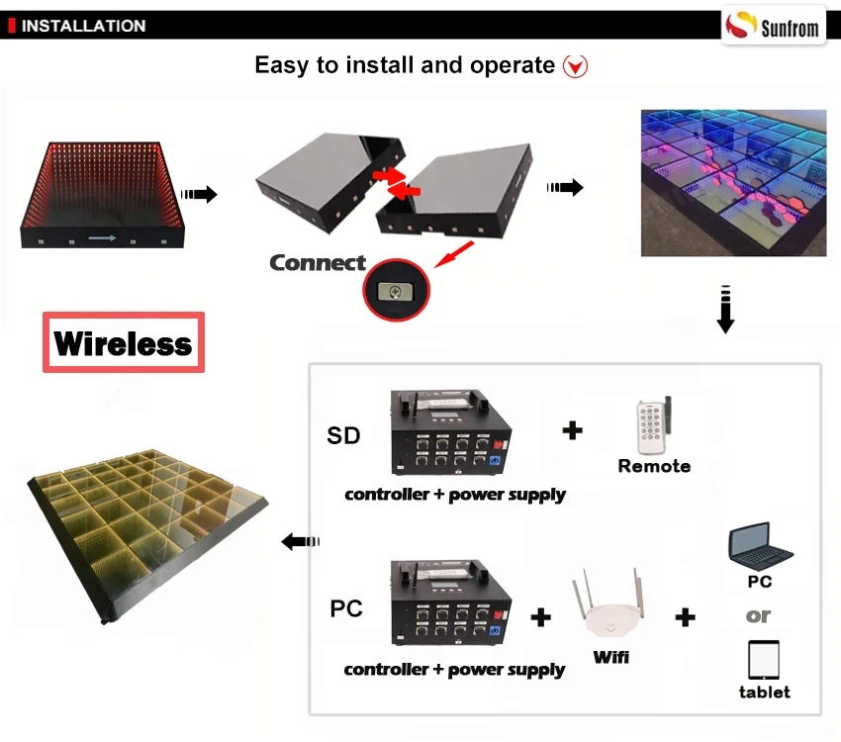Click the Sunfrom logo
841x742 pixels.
coord(773,25)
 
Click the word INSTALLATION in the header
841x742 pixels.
coord(83,26)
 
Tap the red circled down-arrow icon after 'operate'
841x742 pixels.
coord(575,66)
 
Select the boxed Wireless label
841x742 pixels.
coord(124,342)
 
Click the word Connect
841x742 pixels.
coord(318,263)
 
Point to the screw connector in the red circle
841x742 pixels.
coord(396,291)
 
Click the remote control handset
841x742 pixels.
coord(653,425)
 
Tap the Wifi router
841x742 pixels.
coord(609,605)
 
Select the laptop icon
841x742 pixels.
coord(760,546)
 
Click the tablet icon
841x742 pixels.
coord(763,660)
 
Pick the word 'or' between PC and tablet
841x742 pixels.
coord(758,616)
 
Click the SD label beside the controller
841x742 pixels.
coord(343,435)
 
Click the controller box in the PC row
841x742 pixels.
coord(451,603)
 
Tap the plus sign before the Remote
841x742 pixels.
coord(572,430)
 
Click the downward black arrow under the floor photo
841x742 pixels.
coord(725,310)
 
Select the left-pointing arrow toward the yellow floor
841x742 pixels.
coord(301,541)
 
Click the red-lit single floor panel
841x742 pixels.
coord(103,195)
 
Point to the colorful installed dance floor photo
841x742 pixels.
coord(733,183)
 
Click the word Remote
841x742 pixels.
coord(654,466)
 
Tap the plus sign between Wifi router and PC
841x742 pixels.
coord(685,616)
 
